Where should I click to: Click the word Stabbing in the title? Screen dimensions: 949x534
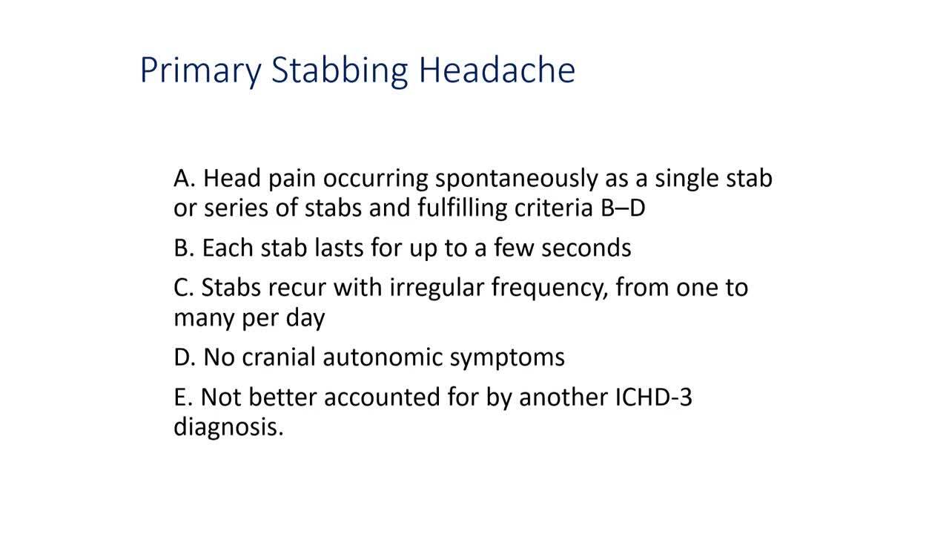pos(340,70)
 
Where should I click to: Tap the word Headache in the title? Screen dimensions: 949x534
pos(497,69)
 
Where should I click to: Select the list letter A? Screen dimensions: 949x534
pos(185,179)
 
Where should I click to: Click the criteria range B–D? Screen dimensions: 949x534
pos(623,208)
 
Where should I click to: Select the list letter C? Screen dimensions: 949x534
pos(184,288)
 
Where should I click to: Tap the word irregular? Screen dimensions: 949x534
pos(437,289)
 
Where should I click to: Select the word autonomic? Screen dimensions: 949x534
pos(383,357)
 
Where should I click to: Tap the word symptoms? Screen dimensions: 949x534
pos(507,358)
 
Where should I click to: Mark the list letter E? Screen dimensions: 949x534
pos(183,397)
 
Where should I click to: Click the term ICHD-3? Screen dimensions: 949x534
pos(653,397)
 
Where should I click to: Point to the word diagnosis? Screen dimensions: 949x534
pos(229,426)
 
